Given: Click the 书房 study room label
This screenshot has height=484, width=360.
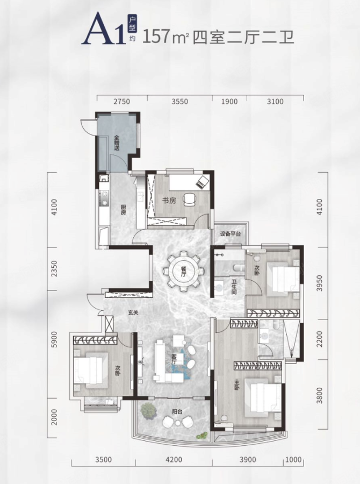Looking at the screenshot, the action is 169,201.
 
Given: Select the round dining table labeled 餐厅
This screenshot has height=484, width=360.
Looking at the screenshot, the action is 184,271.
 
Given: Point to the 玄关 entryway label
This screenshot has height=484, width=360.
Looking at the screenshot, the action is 133,312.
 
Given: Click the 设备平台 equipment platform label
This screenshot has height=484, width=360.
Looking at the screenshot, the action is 230,234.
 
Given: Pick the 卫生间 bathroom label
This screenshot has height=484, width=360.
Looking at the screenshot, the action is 234,287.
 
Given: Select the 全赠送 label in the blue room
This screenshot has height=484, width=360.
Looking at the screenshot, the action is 117,143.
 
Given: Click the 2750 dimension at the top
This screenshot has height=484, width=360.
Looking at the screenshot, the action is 121,102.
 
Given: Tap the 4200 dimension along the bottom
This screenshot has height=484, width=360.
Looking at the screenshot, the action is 174,460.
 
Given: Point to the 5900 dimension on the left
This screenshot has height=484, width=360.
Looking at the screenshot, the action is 54,339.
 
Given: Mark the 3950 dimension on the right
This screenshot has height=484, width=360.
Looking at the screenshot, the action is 320,283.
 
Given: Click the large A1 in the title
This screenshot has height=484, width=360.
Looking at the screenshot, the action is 103,29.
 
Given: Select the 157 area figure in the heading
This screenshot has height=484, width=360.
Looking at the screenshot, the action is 157,37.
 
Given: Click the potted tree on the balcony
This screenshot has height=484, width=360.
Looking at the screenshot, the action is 147,410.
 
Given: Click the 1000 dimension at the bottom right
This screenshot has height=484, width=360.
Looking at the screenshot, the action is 293,460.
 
